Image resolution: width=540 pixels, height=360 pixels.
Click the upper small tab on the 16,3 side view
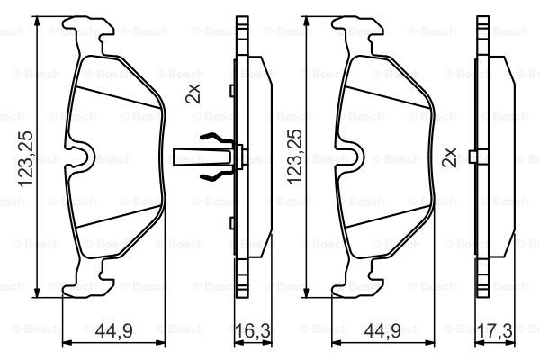(x=231, y=89)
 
